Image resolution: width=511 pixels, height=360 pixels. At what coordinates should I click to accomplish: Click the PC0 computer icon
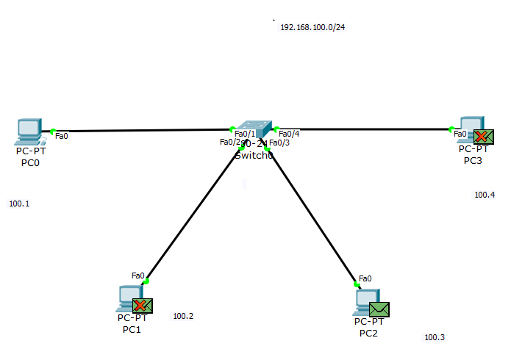[28, 130]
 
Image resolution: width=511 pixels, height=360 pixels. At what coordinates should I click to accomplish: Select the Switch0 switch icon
[254, 129]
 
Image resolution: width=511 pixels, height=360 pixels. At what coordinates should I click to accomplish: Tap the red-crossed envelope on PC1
[143, 306]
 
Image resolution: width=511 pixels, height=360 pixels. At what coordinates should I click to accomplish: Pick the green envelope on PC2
[379, 309]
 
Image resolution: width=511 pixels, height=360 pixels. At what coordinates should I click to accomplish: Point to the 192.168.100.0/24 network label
[312, 27]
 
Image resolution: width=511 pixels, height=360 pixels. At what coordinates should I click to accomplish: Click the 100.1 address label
[19, 204]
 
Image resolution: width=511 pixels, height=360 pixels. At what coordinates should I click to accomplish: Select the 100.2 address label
[183, 317]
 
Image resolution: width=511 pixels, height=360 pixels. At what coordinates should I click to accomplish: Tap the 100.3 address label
[435, 337]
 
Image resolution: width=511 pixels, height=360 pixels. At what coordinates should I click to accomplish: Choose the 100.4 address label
[485, 195]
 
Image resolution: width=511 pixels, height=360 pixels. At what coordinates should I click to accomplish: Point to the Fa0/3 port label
[279, 143]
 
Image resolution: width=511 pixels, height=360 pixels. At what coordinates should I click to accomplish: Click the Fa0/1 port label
[245, 134]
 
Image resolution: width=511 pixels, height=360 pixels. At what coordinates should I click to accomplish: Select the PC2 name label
[368, 334]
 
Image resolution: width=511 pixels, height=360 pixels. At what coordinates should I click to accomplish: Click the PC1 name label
[132, 330]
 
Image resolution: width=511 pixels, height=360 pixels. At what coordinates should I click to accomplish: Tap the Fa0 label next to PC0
[62, 135]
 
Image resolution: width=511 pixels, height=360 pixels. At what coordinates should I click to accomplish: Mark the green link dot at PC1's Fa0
[146, 281]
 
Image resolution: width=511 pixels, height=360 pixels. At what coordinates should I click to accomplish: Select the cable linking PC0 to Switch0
[140, 131]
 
